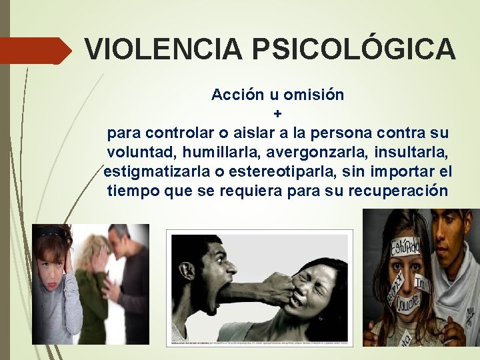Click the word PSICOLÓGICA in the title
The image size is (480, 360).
353,49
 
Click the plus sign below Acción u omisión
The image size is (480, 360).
277,113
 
